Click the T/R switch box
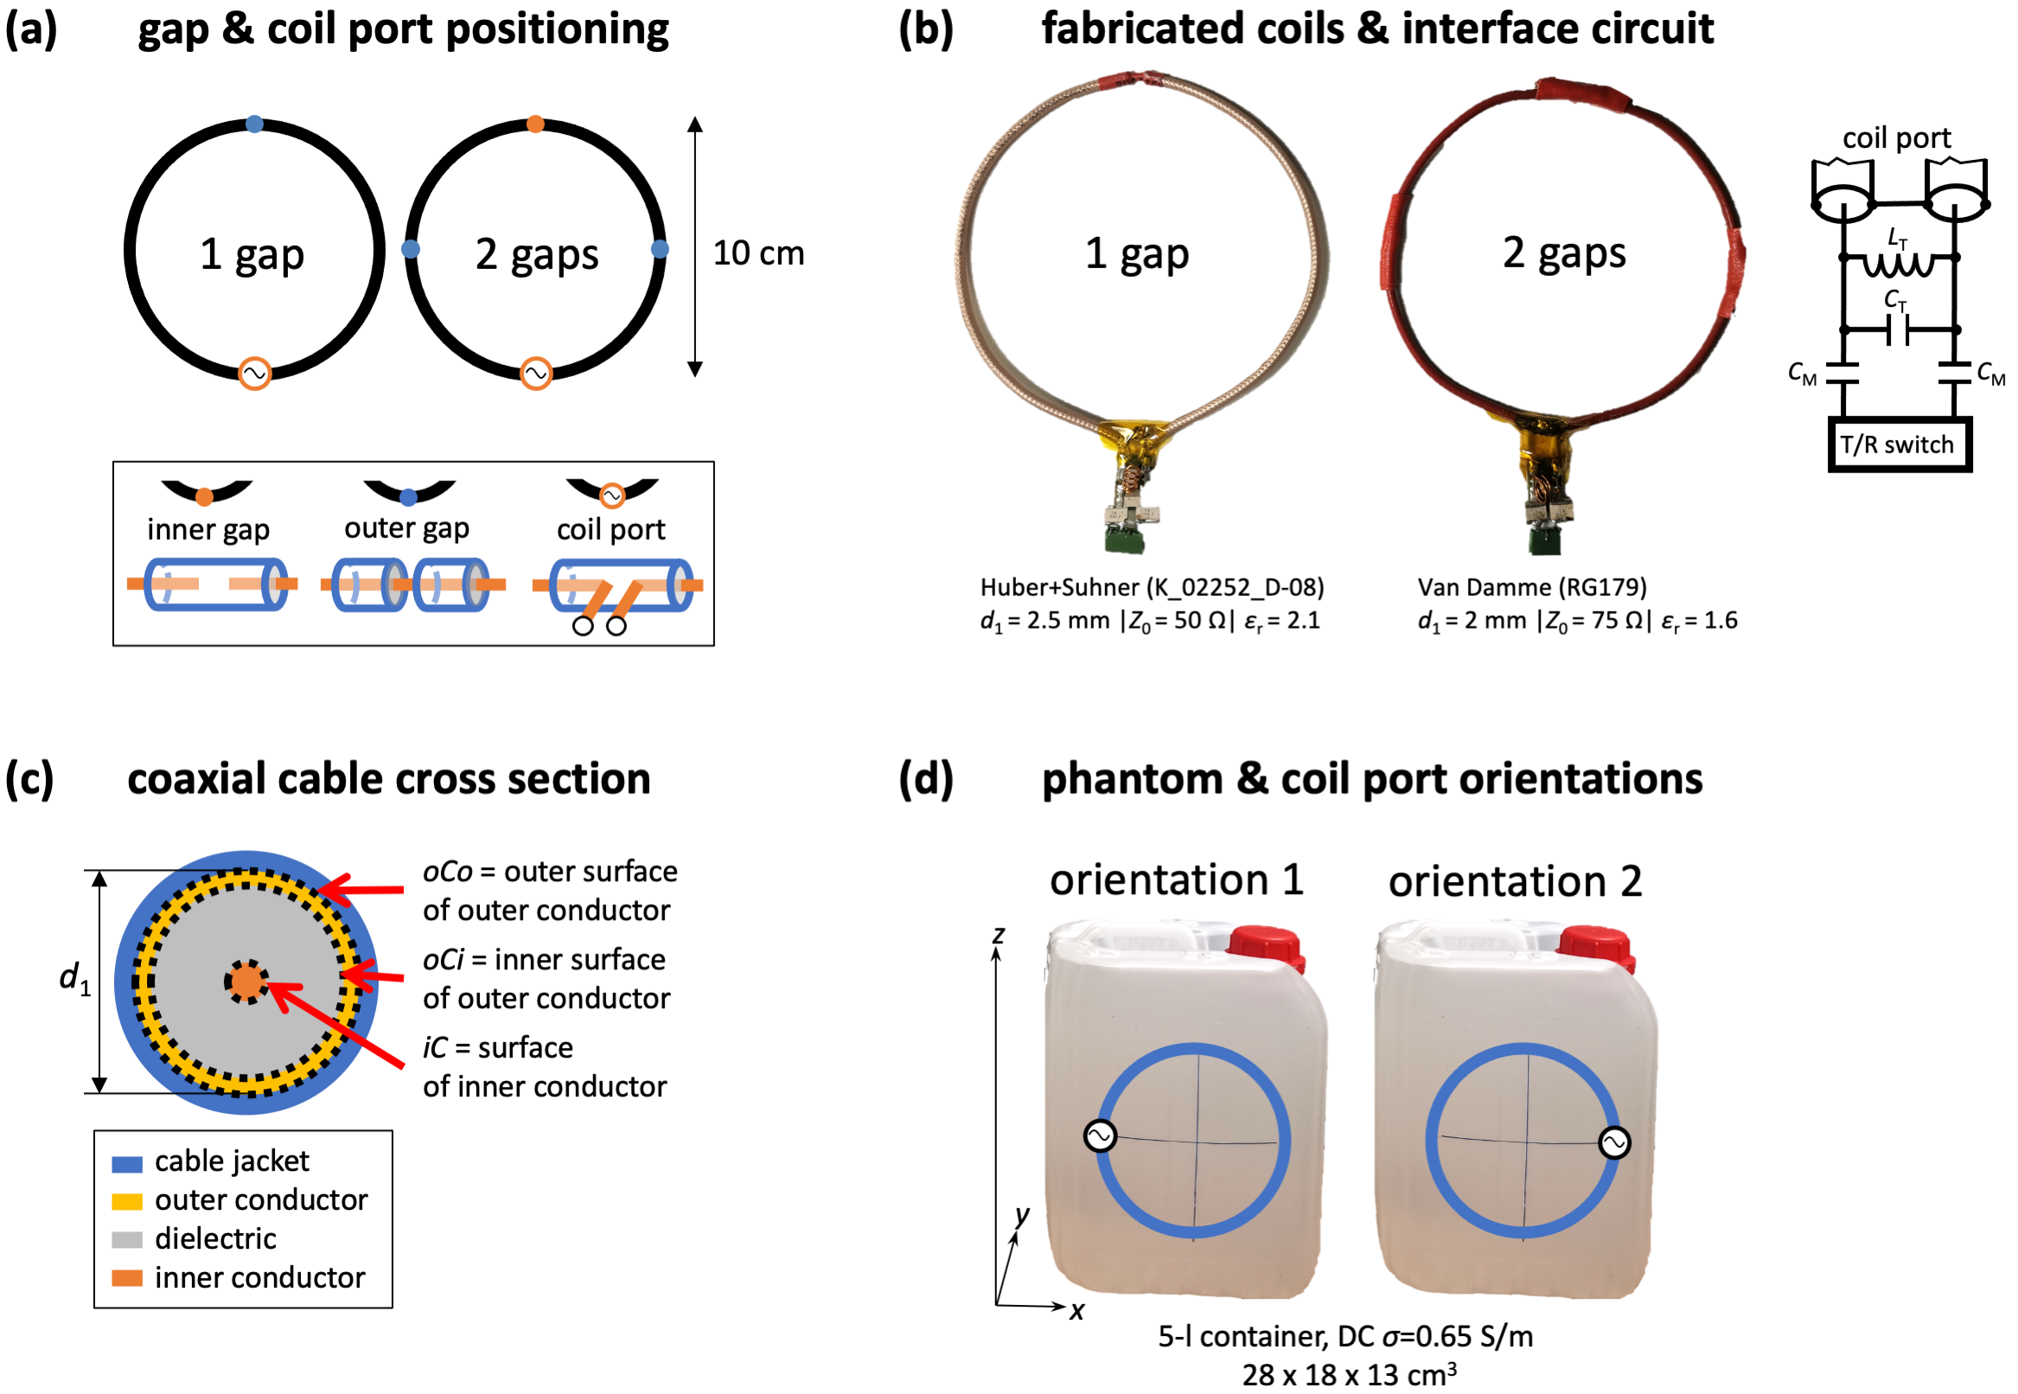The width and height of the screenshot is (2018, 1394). click(x=1899, y=445)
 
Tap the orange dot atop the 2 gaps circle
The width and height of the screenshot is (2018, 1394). click(x=536, y=125)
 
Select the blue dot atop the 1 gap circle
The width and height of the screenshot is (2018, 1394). click(x=254, y=124)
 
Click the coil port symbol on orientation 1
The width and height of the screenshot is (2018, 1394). click(x=1101, y=1136)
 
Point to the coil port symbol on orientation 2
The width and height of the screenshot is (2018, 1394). click(x=1613, y=1142)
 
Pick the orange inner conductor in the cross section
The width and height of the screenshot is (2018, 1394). click(x=247, y=982)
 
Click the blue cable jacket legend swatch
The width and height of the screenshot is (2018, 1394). click(x=126, y=1163)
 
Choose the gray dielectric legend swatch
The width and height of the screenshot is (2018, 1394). click(x=126, y=1240)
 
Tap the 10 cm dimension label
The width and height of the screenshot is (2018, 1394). click(x=758, y=253)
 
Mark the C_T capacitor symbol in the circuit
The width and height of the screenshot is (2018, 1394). click(x=1899, y=331)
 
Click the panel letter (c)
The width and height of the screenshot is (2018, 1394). click(x=29, y=778)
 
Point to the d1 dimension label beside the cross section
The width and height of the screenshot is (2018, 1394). click(x=74, y=978)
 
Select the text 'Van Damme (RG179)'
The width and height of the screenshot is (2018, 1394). click(x=1531, y=587)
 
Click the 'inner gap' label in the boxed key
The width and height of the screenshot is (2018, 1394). click(x=208, y=529)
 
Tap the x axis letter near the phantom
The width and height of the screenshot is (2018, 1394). click(x=1076, y=1311)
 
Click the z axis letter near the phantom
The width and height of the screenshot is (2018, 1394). click(x=998, y=935)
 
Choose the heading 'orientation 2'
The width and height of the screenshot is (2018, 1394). click(x=1515, y=881)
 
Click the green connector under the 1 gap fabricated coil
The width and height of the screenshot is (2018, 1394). click(x=1125, y=536)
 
